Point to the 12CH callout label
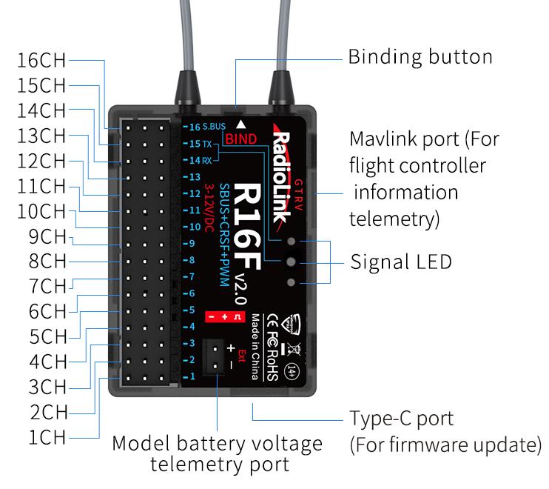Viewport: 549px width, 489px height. (x=41, y=160)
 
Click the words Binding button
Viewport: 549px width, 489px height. (x=420, y=57)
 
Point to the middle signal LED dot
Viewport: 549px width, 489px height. (x=290, y=262)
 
